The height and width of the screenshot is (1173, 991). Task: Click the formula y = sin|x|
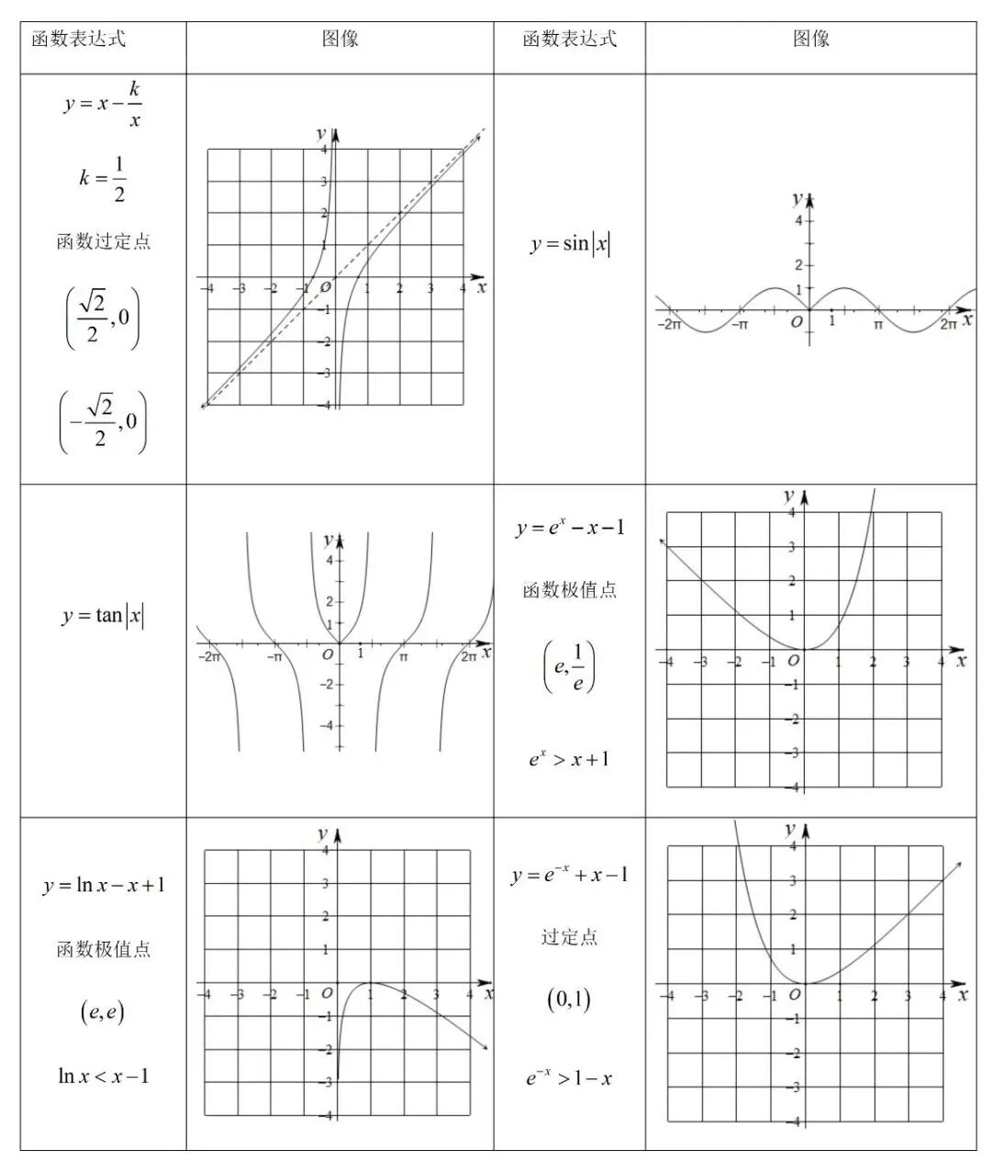(x=570, y=244)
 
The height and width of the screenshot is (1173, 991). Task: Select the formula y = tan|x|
(x=103, y=615)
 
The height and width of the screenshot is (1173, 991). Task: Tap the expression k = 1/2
(x=103, y=178)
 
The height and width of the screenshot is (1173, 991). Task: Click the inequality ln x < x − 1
(x=103, y=1076)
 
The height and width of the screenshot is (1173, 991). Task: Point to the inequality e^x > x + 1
(x=569, y=759)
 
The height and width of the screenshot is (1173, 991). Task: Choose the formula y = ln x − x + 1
(x=103, y=885)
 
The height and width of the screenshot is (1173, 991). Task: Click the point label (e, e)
(x=103, y=1012)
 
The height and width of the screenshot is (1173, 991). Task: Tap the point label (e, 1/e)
(x=569, y=667)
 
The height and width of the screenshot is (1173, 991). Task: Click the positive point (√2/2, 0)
(x=103, y=318)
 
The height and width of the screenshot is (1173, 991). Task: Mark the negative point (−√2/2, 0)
(x=103, y=421)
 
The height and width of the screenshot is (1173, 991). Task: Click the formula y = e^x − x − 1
(x=569, y=528)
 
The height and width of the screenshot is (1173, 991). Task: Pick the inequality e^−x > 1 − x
(x=569, y=1078)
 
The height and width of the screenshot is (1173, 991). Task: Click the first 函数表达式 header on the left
(x=79, y=39)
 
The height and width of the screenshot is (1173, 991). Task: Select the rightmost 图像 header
(x=811, y=39)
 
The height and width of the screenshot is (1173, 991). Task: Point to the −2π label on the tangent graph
(x=209, y=657)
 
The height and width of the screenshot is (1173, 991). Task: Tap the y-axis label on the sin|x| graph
(x=796, y=199)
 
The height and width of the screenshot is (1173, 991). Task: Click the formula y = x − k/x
(x=103, y=105)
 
